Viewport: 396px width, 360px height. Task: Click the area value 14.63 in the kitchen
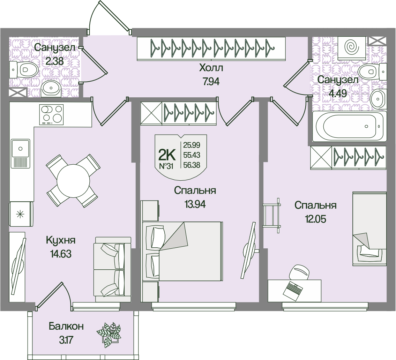[61, 254]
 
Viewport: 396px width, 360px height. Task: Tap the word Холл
[211, 68]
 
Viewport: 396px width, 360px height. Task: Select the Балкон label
[66, 326]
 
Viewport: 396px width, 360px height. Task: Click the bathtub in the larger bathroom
[349, 126]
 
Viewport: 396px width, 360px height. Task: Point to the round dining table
[73, 181]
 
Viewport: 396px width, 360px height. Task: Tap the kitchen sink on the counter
[20, 153]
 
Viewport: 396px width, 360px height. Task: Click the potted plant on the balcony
[109, 335]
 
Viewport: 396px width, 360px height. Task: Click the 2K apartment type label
[167, 154]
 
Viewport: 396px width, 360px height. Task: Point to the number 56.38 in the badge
[192, 165]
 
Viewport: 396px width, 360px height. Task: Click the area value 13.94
[195, 204]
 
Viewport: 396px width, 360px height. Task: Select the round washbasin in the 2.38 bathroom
[51, 89]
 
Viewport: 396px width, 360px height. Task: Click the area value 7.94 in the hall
[211, 82]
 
